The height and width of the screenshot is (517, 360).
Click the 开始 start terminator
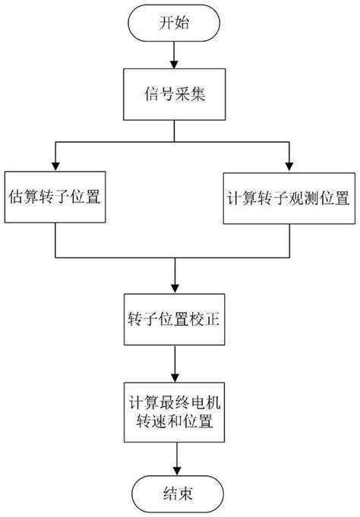coord(176,24)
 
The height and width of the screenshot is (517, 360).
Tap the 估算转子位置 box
coord(56,198)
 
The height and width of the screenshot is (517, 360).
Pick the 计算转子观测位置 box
coord(288,198)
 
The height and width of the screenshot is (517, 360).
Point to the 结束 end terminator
coord(176,493)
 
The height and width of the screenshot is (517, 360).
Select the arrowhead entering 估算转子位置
coord(56,166)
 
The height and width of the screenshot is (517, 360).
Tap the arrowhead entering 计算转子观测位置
coord(288,166)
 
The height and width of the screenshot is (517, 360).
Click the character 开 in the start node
coord(168,24)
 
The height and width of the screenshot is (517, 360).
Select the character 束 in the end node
coord(185,493)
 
